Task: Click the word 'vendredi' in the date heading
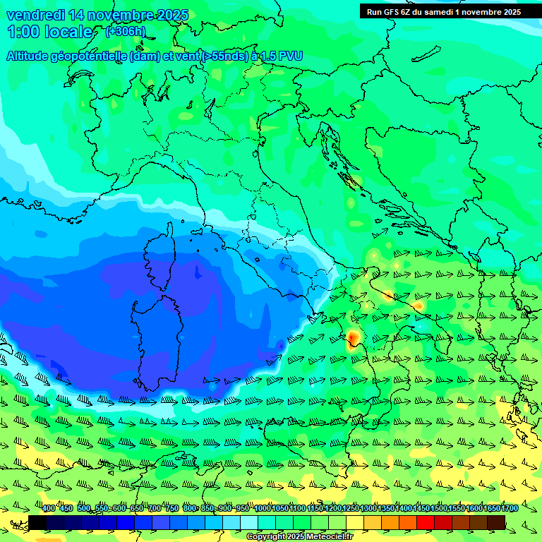[34, 15]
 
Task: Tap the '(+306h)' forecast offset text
[126, 31]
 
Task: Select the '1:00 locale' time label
[49, 32]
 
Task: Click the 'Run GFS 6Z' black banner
[444, 11]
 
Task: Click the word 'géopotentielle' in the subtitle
[89, 56]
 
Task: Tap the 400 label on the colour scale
[48, 509]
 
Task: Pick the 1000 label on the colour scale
[262, 509]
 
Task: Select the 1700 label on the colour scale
[510, 509]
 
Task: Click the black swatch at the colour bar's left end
[37, 522]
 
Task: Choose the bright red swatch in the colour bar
[426, 522]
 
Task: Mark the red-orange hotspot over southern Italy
[352, 340]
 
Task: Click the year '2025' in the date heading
[172, 15]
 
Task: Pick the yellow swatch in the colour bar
[355, 522]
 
